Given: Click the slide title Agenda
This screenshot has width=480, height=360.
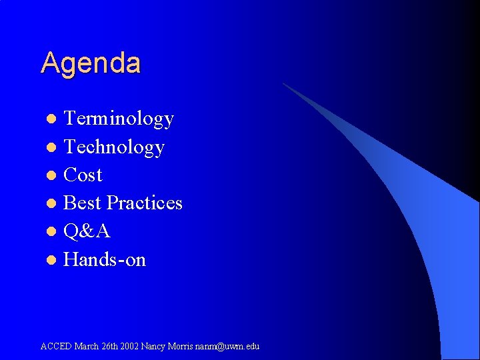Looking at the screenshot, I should tap(91, 64).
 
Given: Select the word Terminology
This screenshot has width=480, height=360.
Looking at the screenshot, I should tap(119, 119).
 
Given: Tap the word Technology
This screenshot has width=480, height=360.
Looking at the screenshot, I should tap(114, 147).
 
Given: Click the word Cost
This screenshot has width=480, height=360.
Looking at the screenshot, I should tap(83, 175).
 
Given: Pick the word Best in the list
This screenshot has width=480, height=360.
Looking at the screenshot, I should tap(83, 203).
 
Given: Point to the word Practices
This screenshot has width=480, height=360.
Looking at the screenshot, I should tap(145, 203).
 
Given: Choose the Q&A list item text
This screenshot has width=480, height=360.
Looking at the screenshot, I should tap(87, 231).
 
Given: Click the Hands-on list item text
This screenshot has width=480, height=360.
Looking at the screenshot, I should tap(105, 259).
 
